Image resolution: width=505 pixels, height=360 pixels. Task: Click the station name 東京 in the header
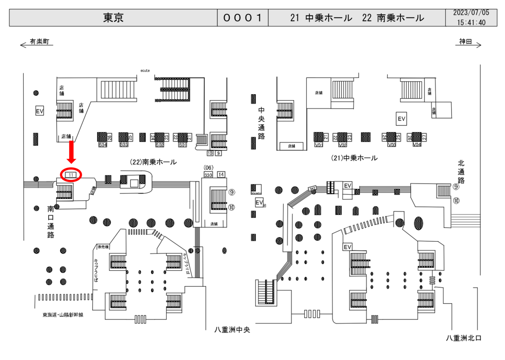tap(113, 18)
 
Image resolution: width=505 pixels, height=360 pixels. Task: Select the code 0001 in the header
tap(242, 18)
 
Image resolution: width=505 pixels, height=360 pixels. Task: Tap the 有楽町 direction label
tap(39, 42)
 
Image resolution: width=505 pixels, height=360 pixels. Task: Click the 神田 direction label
tap(466, 42)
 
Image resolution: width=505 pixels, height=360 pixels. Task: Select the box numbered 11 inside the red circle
tap(71, 175)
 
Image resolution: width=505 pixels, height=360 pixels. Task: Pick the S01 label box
tap(182, 145)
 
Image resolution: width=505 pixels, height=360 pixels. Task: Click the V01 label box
tap(319, 145)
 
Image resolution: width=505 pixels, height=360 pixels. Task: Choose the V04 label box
tap(417, 145)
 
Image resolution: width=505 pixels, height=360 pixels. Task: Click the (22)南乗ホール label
tap(153, 161)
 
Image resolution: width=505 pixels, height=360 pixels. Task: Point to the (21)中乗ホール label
tap(354, 158)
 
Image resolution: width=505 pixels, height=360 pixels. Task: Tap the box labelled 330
tap(208, 175)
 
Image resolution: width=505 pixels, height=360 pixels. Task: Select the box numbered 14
tap(221, 174)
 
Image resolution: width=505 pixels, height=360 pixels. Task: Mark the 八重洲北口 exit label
tap(463, 338)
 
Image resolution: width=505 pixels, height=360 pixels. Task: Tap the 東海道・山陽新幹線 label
tap(63, 314)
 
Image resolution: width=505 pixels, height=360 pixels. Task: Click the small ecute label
tap(144, 71)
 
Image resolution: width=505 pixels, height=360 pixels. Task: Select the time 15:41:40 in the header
tap(470, 23)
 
